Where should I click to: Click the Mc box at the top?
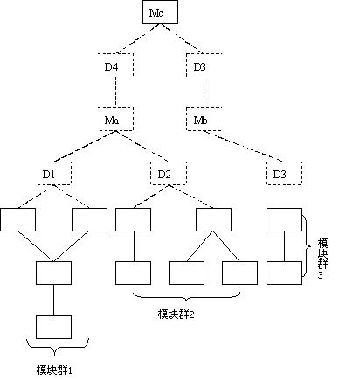click(160, 12)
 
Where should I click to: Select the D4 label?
click(112, 67)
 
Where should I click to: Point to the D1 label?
click(49, 175)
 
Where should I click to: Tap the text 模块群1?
click(54, 370)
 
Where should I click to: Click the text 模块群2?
click(176, 314)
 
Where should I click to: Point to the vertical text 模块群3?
click(322, 259)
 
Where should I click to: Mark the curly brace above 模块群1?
click(58, 347)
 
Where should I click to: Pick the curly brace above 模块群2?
click(186, 297)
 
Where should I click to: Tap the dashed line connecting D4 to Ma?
click(116, 92)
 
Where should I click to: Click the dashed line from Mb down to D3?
click(243, 146)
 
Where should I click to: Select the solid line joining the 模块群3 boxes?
click(284, 246)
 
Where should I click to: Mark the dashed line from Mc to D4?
click(138, 38)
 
